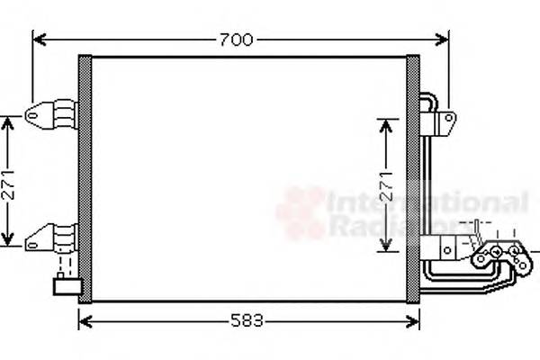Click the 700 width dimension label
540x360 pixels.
(235, 39)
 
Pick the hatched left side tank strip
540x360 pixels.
(85, 178)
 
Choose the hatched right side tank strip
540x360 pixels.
(414, 178)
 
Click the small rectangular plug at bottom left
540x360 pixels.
(67, 288)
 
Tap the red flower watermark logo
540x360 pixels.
(300, 213)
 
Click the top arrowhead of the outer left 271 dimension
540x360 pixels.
(8, 120)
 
